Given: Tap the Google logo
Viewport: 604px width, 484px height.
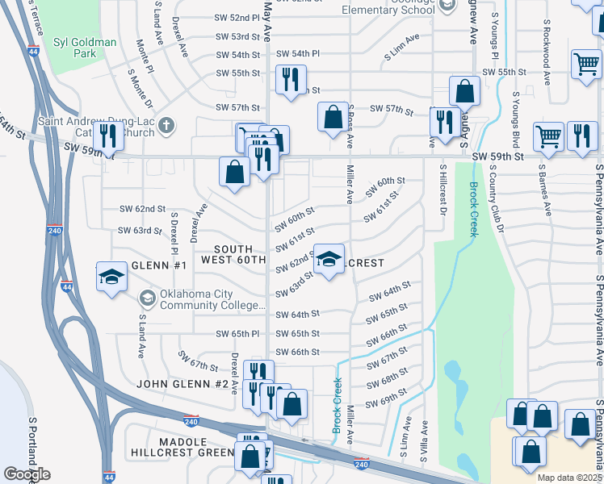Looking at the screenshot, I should tap(27, 474).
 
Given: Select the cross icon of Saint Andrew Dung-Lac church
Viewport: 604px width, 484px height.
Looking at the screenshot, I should tap(166, 125).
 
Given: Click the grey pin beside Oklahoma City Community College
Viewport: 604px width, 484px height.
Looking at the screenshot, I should tap(147, 298).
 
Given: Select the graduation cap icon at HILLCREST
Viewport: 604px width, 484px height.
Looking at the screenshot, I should tap(329, 259).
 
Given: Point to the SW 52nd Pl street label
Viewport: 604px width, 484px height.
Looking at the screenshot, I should tap(233, 17).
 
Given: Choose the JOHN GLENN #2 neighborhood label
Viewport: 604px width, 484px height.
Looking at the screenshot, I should tap(182, 384).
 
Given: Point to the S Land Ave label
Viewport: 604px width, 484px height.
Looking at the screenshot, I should tap(141, 336).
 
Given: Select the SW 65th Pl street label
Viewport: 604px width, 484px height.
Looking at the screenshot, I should tap(237, 333).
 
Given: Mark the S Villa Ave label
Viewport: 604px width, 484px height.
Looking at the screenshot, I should tap(423, 439).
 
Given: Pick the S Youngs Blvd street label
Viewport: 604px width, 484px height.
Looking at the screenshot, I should tap(518, 125).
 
